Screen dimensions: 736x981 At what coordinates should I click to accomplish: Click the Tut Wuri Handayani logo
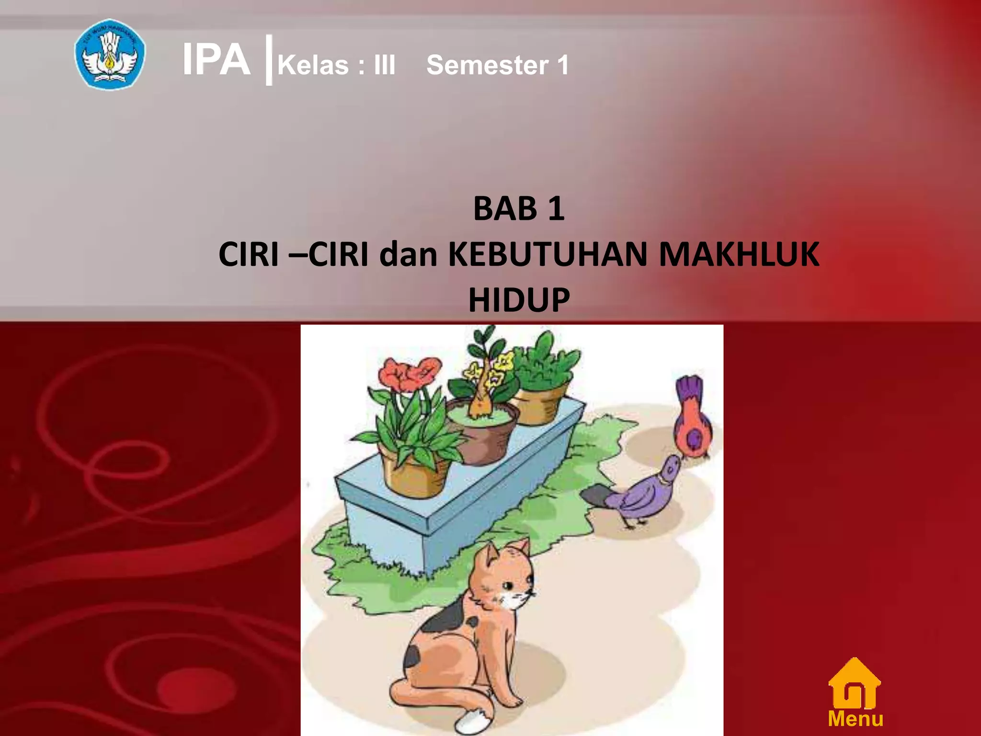(x=110, y=54)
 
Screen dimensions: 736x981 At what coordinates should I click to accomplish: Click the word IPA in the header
(x=217, y=60)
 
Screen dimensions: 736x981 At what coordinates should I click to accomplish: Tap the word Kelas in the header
(x=313, y=65)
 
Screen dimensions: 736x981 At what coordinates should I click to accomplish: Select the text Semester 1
(x=497, y=65)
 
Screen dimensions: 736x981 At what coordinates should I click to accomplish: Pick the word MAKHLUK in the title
(x=739, y=254)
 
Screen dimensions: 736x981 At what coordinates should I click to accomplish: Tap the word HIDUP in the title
(x=519, y=300)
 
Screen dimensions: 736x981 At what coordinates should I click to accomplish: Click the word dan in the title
(x=408, y=254)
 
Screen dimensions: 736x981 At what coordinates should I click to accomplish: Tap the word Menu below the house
(x=856, y=719)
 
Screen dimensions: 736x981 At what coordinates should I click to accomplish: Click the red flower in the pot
(x=410, y=374)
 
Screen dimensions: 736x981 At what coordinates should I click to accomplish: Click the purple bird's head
(x=670, y=469)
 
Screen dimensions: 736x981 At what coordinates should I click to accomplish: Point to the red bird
(x=692, y=422)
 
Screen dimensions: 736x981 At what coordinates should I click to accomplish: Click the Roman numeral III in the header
(x=385, y=65)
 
